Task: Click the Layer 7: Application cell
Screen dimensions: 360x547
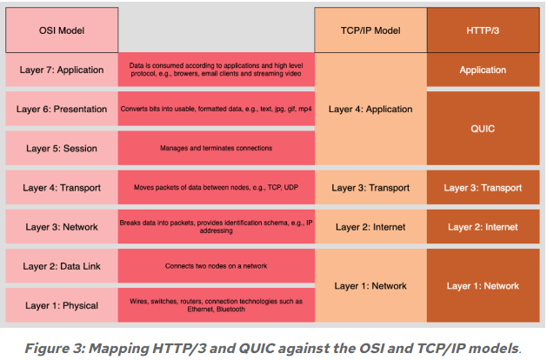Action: coord(61,70)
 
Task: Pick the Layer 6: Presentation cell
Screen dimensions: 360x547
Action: coord(61,109)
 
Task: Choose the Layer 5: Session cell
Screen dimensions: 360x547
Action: coord(61,149)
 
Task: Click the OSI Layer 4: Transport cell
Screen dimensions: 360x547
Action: coord(61,187)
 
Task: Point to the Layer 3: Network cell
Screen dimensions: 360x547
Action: coord(61,226)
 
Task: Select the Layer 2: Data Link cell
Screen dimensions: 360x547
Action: coord(61,266)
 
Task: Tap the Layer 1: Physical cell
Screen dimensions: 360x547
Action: coord(61,305)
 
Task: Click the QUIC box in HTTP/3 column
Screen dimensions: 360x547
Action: coord(483,128)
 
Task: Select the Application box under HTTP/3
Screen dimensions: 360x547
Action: coord(483,70)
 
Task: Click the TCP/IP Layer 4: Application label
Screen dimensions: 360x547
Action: coord(370,110)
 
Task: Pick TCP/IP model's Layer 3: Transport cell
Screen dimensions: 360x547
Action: coord(370,187)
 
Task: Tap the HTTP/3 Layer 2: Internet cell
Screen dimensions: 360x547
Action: coord(483,226)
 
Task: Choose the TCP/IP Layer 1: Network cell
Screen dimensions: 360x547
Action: coord(370,285)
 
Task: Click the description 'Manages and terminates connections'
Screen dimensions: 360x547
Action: coord(217,149)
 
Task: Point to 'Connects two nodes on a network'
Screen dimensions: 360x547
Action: coord(217,266)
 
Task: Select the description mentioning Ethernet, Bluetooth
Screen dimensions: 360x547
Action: coord(217,305)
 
